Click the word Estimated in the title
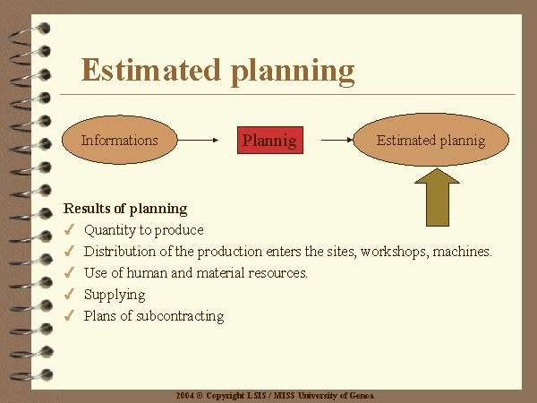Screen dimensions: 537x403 tap(150, 70)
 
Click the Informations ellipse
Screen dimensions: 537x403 tap(120, 140)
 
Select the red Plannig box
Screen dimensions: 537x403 tap(270, 141)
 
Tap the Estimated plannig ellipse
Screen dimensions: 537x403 tap(430, 140)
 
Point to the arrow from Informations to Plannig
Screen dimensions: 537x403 tap(198, 140)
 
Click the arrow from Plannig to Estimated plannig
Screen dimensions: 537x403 tap(337, 140)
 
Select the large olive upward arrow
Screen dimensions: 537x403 tap(438, 197)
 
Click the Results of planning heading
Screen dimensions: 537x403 tap(125, 209)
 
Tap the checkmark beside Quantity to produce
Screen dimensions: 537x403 tap(69, 229)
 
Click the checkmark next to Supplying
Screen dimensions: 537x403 tap(69, 294)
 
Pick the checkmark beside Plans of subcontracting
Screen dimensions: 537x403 tap(69, 315)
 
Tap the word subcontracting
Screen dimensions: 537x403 tap(180, 316)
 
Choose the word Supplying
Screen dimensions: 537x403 tap(115, 295)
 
